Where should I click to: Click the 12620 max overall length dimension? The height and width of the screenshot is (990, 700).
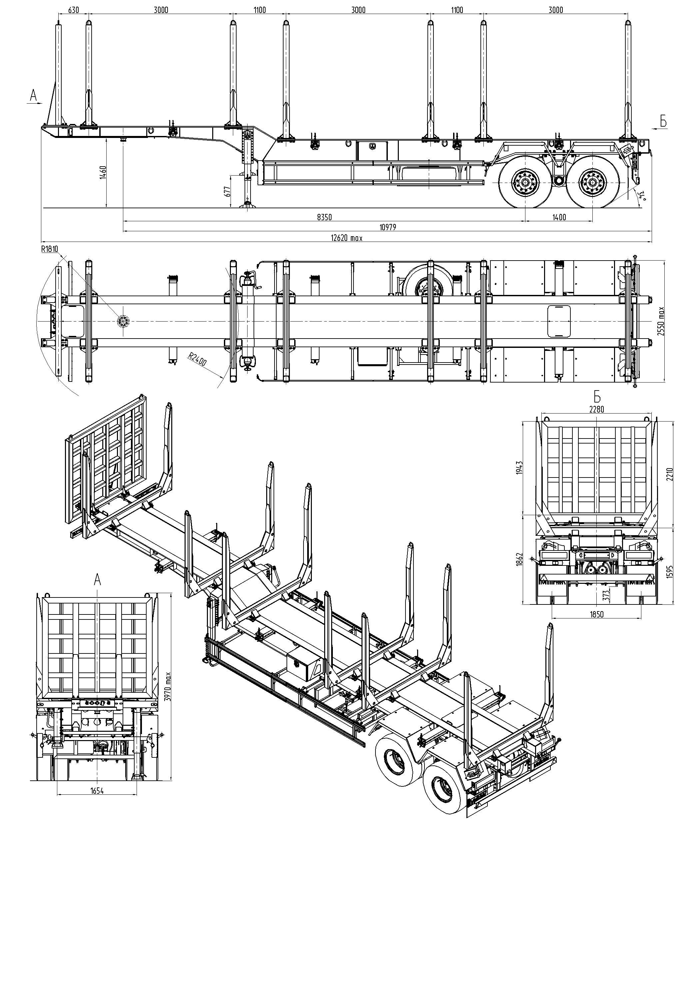click(347, 238)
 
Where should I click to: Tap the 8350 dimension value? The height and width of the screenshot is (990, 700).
click(324, 217)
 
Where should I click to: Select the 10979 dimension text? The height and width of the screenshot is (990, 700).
click(387, 227)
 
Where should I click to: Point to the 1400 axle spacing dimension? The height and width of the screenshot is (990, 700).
click(559, 217)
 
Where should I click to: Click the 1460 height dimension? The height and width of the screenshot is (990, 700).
click(103, 173)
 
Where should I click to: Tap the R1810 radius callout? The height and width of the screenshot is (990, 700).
click(50, 249)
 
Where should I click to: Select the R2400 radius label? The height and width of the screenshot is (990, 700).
click(197, 359)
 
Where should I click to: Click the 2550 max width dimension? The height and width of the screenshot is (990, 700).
click(661, 321)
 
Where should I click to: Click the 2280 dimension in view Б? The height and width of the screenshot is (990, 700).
click(597, 409)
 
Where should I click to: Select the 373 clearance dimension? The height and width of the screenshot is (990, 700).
click(606, 595)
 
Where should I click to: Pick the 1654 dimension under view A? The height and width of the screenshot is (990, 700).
click(97, 791)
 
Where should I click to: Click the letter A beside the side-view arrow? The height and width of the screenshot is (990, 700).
click(34, 96)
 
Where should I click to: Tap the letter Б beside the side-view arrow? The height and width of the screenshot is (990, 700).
click(663, 122)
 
